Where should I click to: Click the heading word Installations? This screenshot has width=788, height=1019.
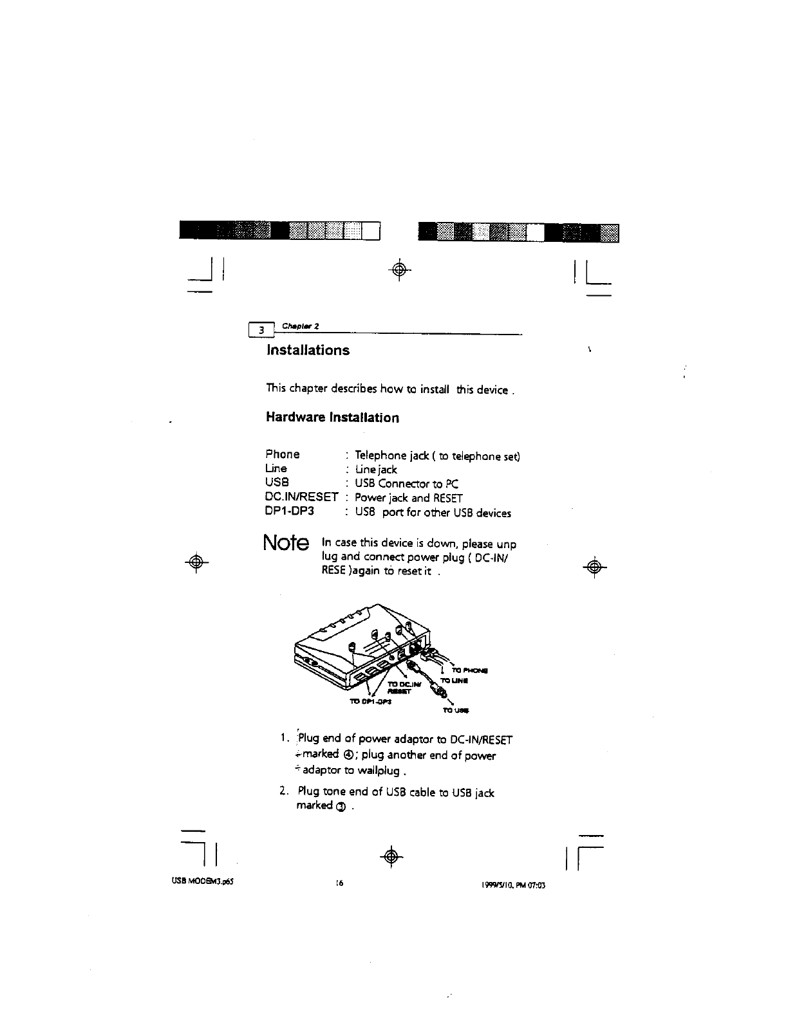coord(308,350)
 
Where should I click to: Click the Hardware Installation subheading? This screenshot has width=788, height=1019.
coord(332,418)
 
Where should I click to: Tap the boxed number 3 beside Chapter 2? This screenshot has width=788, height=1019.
coord(261,330)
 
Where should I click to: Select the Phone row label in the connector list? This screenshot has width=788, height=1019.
coord(283,454)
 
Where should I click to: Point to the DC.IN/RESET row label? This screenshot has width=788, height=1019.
coord(302,497)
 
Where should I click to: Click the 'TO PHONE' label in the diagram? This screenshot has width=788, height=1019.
coord(474,670)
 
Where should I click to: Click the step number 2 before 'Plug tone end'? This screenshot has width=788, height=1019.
coord(284,792)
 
